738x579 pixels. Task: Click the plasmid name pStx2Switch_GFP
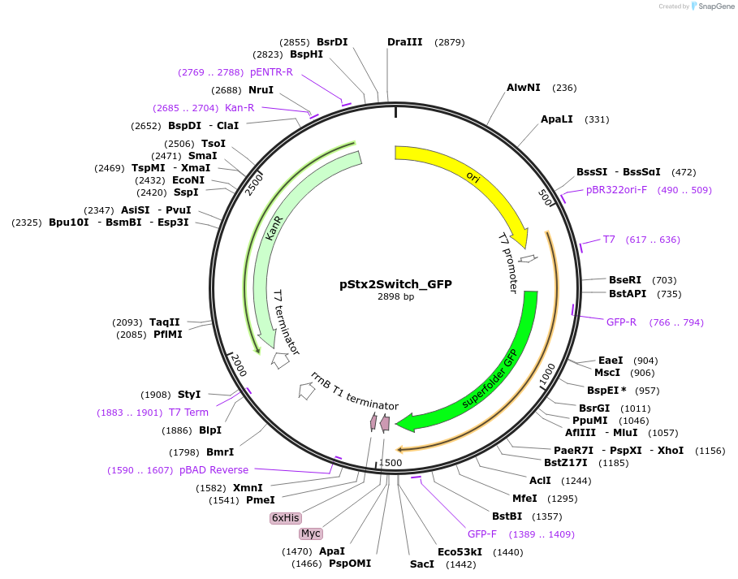coord(395,284)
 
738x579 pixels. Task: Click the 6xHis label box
coord(286,517)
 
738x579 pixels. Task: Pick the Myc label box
coord(311,534)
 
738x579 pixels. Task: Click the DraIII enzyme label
coord(404,41)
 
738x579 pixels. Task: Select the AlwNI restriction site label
coord(524,87)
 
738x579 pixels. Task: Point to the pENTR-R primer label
coord(271,72)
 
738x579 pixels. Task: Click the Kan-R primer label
coord(240,107)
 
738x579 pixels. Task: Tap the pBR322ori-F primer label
coord(617,190)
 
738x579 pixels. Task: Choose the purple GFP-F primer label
coord(482,534)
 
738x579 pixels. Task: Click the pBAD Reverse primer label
coord(214,470)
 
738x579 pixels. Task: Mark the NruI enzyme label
coord(261,90)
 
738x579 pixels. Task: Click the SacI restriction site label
coord(422,564)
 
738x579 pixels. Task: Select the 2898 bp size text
coord(395,297)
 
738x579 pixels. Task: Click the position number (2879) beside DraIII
coord(450,41)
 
